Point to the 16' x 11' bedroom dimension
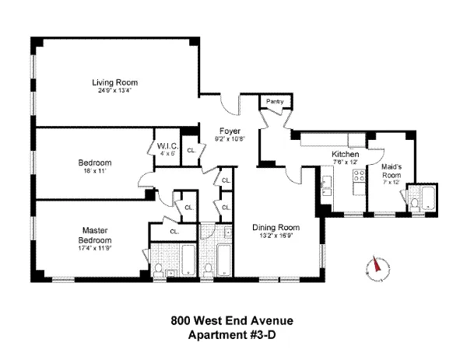point(95,171)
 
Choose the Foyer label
point(229,131)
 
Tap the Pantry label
point(274,102)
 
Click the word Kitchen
point(345,155)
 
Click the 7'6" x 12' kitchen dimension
point(346,163)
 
